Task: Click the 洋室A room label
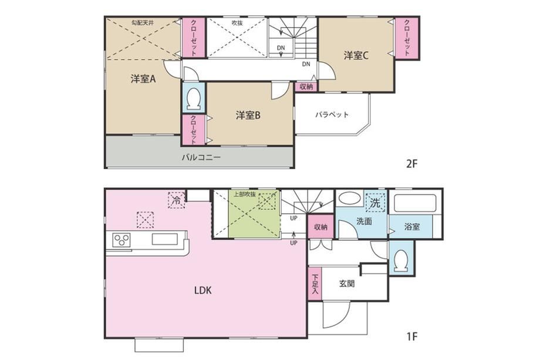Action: click(x=143, y=79)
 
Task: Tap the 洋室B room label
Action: click(x=248, y=116)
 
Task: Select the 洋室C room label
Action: click(x=356, y=55)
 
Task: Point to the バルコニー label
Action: click(x=201, y=158)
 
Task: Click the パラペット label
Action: click(x=332, y=115)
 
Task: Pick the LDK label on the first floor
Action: click(x=203, y=291)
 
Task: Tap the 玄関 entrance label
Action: click(x=347, y=284)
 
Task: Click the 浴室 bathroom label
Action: click(x=412, y=227)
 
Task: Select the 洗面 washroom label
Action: click(x=364, y=221)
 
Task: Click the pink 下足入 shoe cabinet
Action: click(x=315, y=284)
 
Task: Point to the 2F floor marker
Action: click(x=411, y=164)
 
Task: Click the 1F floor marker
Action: click(x=411, y=335)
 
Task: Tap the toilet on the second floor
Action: click(x=194, y=98)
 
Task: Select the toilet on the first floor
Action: click(x=401, y=259)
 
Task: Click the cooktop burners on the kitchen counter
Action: click(x=122, y=240)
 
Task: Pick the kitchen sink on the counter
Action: click(x=164, y=239)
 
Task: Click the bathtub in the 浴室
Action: click(x=414, y=204)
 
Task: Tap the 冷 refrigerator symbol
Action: click(x=176, y=200)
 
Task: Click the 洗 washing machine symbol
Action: click(x=376, y=202)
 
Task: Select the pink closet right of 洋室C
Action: click(x=407, y=38)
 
